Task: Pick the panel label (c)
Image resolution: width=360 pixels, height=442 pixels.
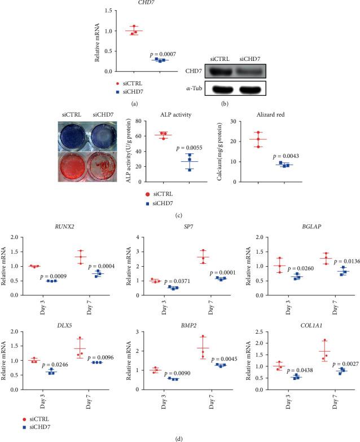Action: (x=180, y=206)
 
